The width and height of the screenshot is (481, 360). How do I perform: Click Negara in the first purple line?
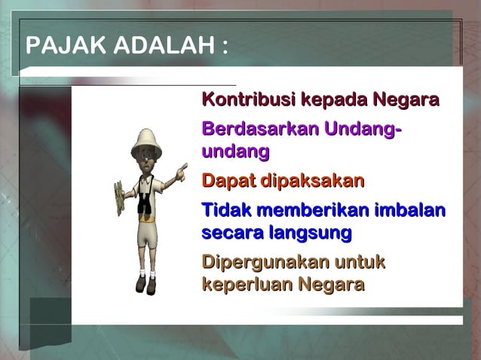click(x=406, y=99)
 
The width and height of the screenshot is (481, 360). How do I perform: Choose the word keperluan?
click(x=247, y=285)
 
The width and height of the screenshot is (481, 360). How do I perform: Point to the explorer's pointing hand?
click(x=181, y=173)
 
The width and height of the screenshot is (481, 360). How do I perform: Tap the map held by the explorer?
click(x=119, y=197)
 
